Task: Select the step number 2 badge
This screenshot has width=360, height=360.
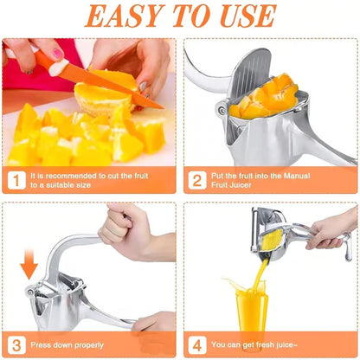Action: click(196, 181)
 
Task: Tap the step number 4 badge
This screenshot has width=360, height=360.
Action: click(196, 342)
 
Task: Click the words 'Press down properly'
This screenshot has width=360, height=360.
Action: click(69, 343)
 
